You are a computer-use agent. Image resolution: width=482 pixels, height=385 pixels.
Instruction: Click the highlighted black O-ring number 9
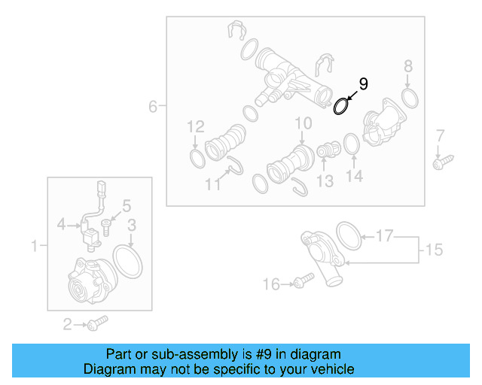click(341, 107)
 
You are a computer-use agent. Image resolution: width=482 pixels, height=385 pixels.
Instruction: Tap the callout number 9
click(363, 83)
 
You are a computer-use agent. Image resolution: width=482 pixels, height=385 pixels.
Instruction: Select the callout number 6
click(153, 107)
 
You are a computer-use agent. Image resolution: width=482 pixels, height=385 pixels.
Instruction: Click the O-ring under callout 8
click(410, 97)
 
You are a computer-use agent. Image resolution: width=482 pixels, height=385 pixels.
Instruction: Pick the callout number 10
click(303, 123)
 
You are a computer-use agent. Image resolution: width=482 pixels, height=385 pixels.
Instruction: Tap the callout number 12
click(196, 126)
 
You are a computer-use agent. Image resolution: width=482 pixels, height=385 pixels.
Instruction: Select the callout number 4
click(63, 223)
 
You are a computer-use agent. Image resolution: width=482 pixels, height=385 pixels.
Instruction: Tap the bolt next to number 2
click(97, 324)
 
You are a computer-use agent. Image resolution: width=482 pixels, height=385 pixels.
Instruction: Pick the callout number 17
click(385, 237)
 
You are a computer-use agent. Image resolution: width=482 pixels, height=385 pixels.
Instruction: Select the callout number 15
click(435, 249)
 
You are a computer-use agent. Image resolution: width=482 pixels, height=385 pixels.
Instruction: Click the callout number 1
click(34, 245)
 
